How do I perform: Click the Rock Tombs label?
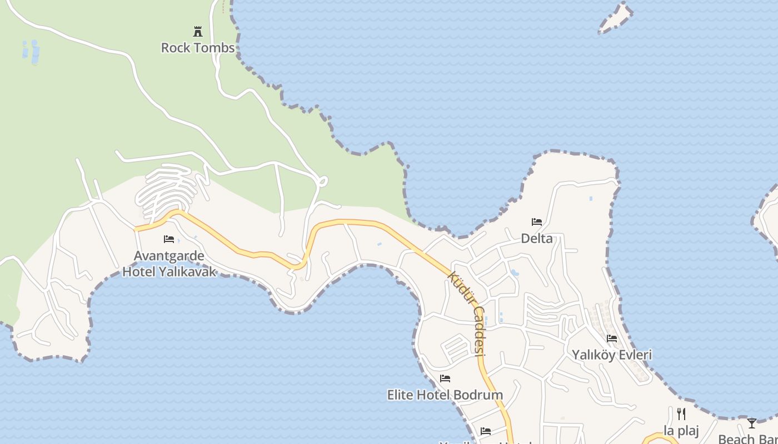(x=198, y=48)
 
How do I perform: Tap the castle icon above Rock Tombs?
(x=197, y=31)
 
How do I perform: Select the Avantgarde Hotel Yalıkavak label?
(x=169, y=264)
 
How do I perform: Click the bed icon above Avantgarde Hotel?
(x=169, y=239)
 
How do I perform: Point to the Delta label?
(x=537, y=239)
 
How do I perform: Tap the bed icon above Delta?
(x=536, y=221)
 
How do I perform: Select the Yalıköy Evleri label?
(x=612, y=355)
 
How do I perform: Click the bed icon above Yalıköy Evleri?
(x=612, y=338)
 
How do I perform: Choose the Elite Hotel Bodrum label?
(x=445, y=395)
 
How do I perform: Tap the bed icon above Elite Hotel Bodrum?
(x=445, y=379)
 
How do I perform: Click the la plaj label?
(x=681, y=431)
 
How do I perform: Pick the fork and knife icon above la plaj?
(x=681, y=414)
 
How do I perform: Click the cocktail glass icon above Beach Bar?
(x=751, y=423)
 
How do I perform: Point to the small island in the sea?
(x=616, y=17)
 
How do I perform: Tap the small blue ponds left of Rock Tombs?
(x=31, y=51)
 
